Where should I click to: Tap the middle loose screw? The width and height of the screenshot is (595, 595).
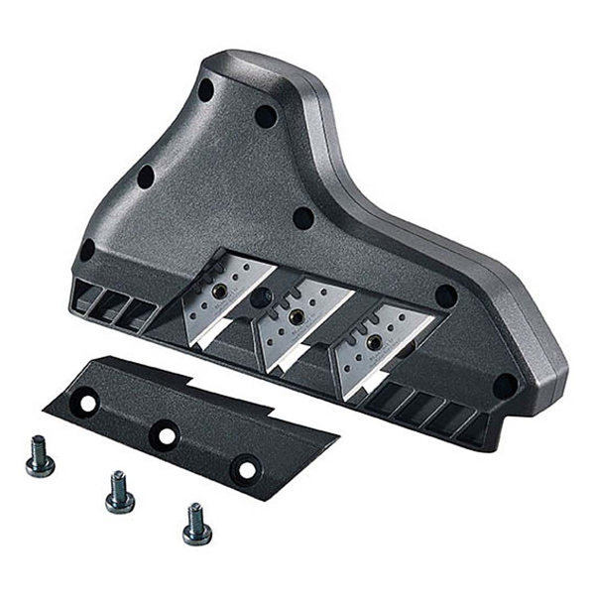tap(119, 492)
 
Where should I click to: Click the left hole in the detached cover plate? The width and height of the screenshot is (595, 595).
tap(88, 403)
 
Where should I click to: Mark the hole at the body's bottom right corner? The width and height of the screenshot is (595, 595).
tap(506, 385)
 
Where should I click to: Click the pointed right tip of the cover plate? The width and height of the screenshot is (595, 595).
tap(337, 434)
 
